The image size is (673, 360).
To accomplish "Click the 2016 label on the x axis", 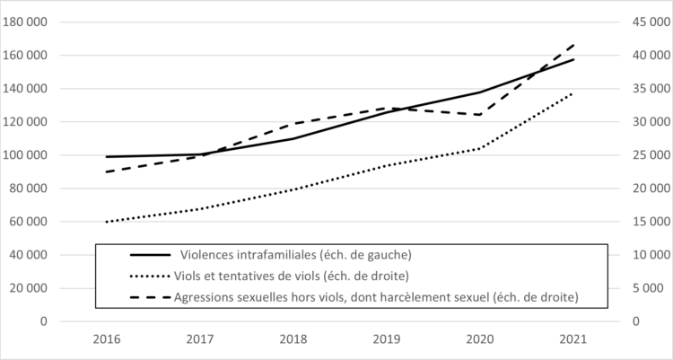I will (106, 340).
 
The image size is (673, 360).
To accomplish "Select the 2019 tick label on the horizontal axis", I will (387, 340).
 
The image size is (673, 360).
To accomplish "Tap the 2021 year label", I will (574, 340).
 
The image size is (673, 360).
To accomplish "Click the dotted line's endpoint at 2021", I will (574, 93).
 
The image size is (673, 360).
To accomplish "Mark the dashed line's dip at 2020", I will (481, 114).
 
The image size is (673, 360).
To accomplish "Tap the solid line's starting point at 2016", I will (106, 157).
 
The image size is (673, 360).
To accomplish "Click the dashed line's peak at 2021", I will (574, 43).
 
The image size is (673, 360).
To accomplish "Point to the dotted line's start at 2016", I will (106, 222).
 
